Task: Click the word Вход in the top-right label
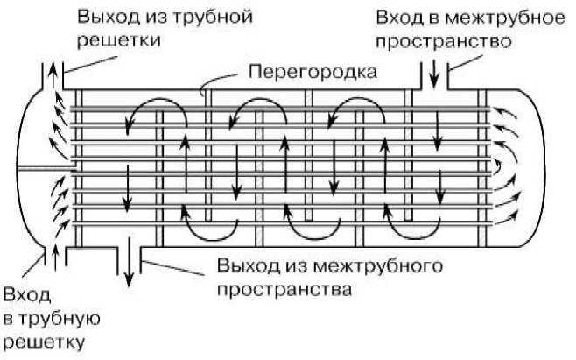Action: tap(396, 17)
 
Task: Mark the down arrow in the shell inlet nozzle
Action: tap(433, 72)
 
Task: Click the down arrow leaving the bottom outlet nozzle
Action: tap(130, 268)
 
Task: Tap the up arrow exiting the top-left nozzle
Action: tap(55, 70)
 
